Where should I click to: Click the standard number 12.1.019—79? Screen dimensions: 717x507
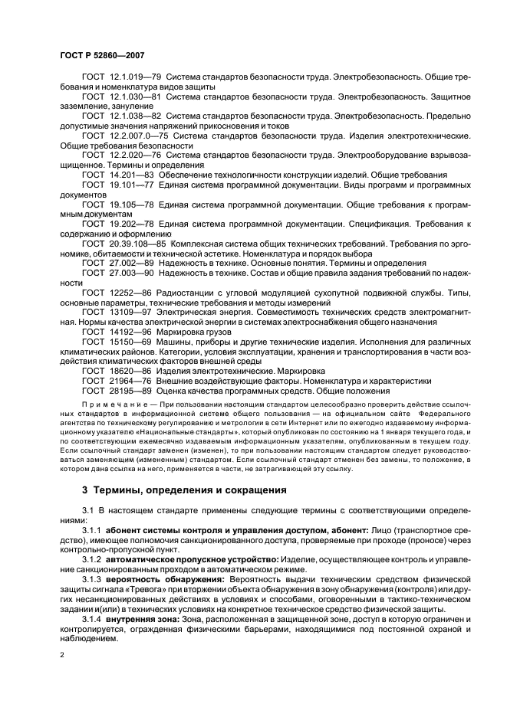click(134, 78)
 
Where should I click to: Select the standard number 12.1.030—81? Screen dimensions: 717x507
click(134, 97)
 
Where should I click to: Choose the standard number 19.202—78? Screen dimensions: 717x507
click(130, 223)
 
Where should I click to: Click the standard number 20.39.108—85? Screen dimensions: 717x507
click(137, 243)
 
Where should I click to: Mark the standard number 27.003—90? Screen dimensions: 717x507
click(130, 272)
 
